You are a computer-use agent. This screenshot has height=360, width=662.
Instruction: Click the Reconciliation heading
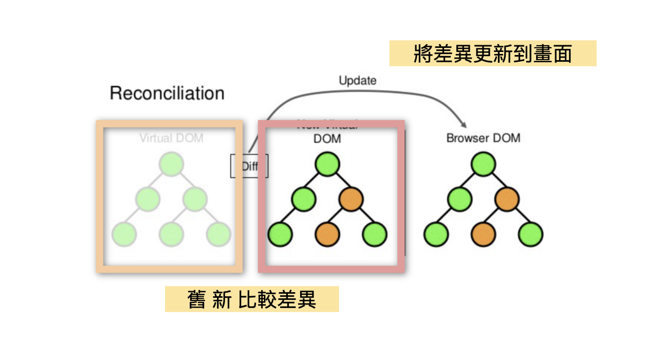tap(167, 94)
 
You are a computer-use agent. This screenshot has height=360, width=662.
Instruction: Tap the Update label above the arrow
tap(357, 81)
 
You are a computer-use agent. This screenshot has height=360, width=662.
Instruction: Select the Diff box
tap(249, 166)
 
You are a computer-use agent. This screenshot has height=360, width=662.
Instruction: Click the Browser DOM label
tap(483, 138)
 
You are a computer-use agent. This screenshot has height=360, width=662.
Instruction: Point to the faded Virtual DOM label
tap(171, 138)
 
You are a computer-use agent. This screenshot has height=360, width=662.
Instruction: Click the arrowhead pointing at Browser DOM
tap(464, 125)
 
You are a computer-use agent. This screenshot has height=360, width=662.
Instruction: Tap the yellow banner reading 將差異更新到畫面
tap(492, 53)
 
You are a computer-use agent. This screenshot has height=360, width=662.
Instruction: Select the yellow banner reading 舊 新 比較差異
tap(251, 299)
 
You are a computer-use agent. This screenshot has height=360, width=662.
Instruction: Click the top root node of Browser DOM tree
tap(483, 165)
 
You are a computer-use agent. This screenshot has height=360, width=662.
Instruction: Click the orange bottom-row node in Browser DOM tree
tap(483, 235)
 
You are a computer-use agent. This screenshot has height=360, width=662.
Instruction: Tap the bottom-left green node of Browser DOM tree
tap(436, 235)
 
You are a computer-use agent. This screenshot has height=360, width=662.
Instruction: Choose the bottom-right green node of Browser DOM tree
tap(530, 235)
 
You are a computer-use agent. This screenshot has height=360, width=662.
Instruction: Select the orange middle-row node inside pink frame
tap(352, 199)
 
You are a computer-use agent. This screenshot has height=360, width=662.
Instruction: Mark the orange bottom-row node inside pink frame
tap(327, 235)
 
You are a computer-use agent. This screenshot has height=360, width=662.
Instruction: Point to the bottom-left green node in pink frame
tap(280, 235)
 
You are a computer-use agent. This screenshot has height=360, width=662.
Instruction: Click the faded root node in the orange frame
tap(171, 165)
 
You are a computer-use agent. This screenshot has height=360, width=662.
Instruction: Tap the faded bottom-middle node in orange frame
tap(171, 235)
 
